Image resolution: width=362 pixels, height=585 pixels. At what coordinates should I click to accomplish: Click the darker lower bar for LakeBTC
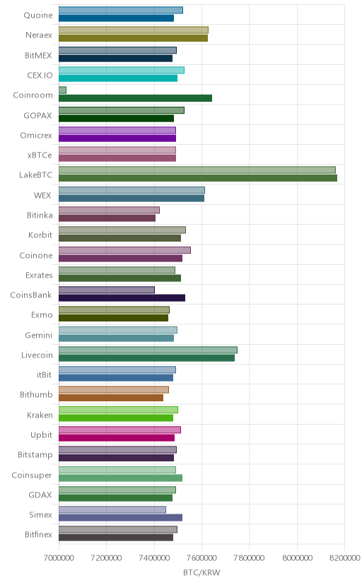pyautogui.click(x=198, y=178)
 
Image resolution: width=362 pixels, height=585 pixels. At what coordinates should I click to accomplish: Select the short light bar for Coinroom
pyautogui.click(x=62, y=90)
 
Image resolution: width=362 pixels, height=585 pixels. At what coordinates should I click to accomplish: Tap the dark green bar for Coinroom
pyautogui.click(x=135, y=98)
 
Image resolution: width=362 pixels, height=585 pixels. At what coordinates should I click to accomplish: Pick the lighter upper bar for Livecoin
pyautogui.click(x=148, y=350)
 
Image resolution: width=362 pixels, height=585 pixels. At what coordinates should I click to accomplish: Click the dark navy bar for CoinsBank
pyautogui.click(x=122, y=297)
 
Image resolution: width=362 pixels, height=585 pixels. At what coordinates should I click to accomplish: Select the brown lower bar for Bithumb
pyautogui.click(x=111, y=398)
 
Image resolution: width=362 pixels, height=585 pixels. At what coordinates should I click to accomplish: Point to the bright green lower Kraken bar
pyautogui.click(x=116, y=418)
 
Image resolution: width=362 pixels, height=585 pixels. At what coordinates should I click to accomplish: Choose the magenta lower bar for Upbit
pyautogui.click(x=117, y=437)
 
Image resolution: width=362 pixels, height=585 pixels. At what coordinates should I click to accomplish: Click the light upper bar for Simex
pyautogui.click(x=112, y=509)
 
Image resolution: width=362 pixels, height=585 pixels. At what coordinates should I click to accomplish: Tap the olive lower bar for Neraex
pyautogui.click(x=133, y=38)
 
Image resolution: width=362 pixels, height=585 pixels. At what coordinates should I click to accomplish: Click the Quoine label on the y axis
pyautogui.click(x=38, y=16)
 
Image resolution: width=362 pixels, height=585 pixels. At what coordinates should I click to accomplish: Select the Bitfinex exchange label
pyautogui.click(x=38, y=535)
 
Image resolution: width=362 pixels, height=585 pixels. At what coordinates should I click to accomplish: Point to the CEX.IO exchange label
pyautogui.click(x=40, y=76)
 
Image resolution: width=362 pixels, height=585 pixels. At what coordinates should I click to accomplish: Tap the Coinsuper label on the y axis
pyautogui.click(x=32, y=475)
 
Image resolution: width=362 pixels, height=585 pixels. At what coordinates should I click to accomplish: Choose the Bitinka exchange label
pyautogui.click(x=40, y=215)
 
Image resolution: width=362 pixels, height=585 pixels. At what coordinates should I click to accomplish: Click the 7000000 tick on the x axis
pyautogui.click(x=59, y=558)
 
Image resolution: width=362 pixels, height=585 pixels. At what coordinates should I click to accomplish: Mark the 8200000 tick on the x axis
pyautogui.click(x=345, y=558)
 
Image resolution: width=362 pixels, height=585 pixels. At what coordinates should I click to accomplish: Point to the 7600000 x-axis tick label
pyautogui.click(x=202, y=558)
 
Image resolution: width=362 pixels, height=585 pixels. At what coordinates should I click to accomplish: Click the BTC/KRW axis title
pyautogui.click(x=202, y=572)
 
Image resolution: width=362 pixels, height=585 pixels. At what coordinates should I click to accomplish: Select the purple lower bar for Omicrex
pyautogui.click(x=117, y=138)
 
